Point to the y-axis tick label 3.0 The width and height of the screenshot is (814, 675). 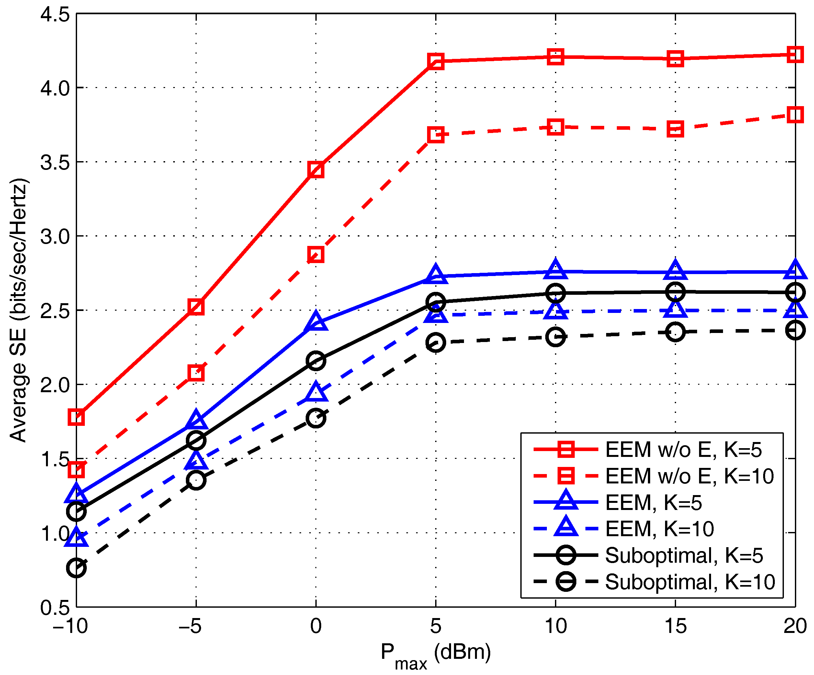(55, 236)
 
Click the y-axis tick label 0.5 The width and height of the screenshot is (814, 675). (55, 608)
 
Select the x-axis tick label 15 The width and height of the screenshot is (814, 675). (675, 626)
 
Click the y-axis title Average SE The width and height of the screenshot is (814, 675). (18, 310)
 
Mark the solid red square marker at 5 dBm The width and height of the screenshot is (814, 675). (436, 61)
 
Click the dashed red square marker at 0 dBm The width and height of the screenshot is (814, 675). (316, 255)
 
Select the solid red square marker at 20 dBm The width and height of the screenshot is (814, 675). (795, 55)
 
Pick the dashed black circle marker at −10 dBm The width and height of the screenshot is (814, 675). (76, 568)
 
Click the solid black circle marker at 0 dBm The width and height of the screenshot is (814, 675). (316, 361)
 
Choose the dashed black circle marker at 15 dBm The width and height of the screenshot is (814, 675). (675, 332)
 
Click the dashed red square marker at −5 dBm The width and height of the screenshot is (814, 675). (196, 373)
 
